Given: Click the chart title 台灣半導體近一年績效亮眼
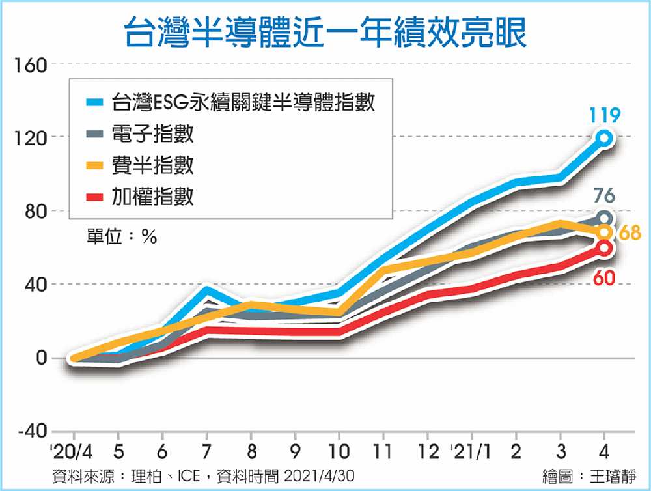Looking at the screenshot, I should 325,31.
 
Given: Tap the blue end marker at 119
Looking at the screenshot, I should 605,137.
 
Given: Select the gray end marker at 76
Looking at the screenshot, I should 605,218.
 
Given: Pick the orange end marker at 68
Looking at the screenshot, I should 605,232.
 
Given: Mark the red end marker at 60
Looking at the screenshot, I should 605,247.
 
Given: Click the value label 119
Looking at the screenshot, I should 605,116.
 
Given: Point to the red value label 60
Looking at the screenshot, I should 604,279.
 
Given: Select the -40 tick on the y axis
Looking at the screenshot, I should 26,432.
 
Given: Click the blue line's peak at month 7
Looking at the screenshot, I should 206,288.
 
